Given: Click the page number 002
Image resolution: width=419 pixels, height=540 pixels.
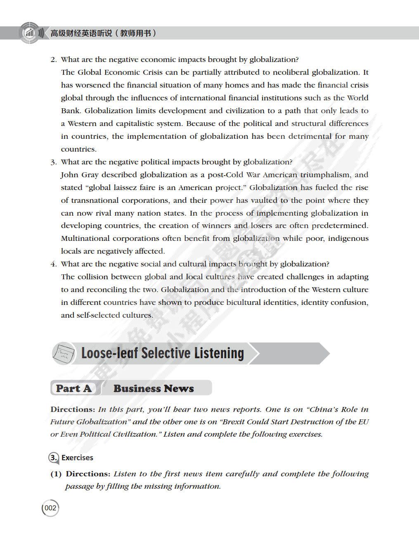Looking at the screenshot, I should click(50, 508).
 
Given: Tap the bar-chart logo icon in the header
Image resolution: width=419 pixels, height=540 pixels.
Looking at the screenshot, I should click(29, 33).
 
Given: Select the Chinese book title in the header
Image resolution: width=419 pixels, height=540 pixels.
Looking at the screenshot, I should click(103, 33).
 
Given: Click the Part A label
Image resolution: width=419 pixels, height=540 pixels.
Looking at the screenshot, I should click(73, 388).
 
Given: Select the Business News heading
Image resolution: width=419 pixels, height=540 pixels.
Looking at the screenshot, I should click(154, 388).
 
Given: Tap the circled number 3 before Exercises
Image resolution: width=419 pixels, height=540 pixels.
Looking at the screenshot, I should click(54, 457).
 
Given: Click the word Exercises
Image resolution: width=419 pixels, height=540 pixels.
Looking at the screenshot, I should click(77, 457).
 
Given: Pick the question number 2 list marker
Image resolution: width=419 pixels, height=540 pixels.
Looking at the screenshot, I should click(53, 59).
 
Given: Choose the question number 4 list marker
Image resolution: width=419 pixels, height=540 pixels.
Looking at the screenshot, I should click(53, 264).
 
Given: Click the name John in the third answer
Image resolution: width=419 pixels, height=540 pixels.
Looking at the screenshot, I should click(69, 175).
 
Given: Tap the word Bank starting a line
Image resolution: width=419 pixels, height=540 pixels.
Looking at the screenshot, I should click(71, 111).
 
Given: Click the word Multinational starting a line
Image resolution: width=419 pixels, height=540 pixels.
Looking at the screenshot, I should click(85, 238).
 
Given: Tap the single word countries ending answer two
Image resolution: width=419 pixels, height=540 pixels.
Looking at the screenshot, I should click(78, 149).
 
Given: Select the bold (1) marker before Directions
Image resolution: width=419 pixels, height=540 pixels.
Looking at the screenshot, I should click(56, 474).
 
